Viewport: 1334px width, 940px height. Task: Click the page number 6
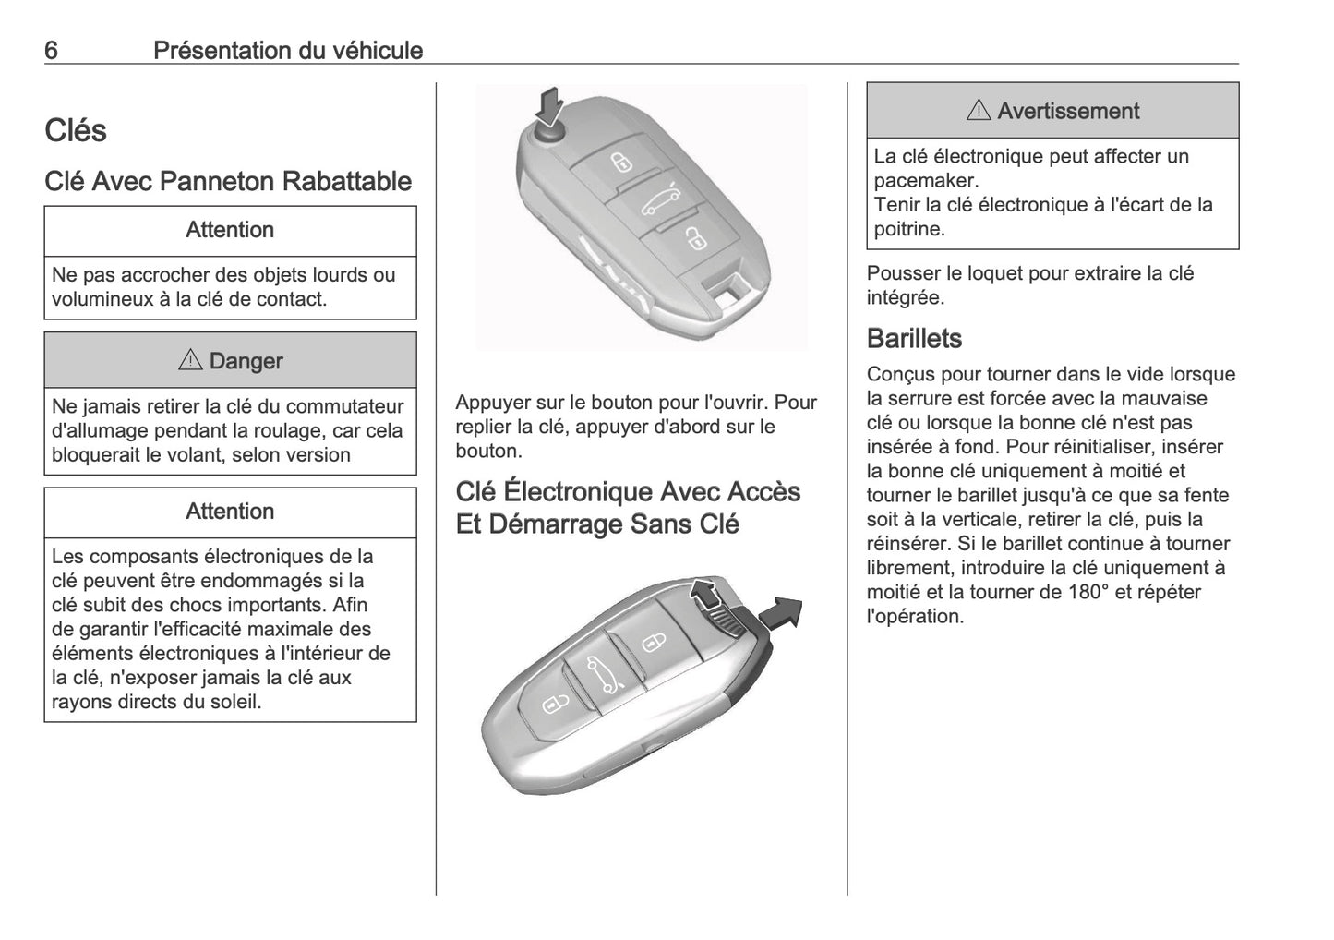[x=51, y=50]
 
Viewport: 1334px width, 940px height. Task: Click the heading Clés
[x=76, y=131]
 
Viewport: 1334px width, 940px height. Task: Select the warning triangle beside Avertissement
[x=978, y=112]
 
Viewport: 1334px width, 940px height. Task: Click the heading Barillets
[x=914, y=339]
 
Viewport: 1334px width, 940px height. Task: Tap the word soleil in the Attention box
[x=234, y=702]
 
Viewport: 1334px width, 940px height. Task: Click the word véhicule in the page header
[x=373, y=50]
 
